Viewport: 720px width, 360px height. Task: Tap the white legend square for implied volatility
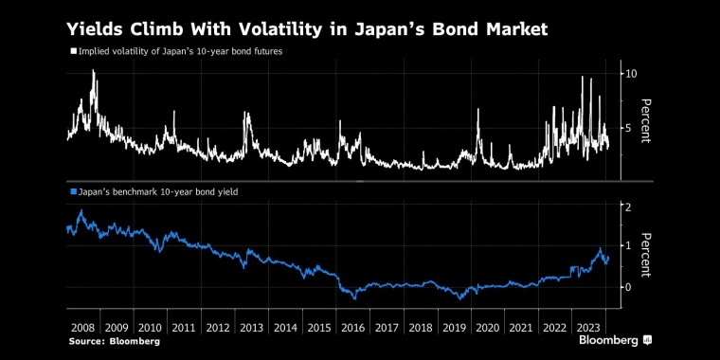coord(72,51)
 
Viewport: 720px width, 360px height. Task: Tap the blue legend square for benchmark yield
coord(72,192)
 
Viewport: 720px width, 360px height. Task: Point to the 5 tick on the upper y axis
coord(627,128)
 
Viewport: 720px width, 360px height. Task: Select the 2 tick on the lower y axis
coord(627,207)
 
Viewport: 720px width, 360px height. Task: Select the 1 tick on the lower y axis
coord(627,245)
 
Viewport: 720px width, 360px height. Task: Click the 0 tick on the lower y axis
coord(627,287)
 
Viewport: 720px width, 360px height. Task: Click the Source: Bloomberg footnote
coord(113,340)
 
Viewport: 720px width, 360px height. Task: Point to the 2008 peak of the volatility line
coord(93,71)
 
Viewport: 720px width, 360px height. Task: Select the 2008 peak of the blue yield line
coord(81,211)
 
